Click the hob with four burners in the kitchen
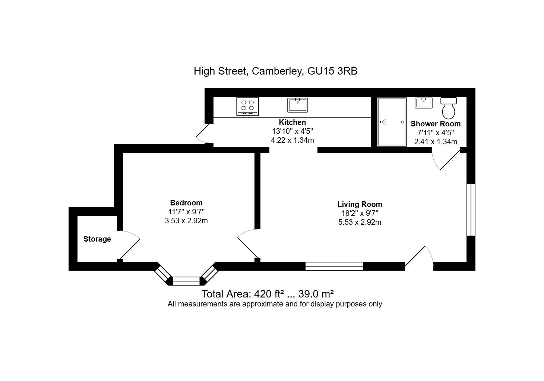point(247,106)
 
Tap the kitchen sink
point(298,105)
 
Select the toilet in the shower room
point(449,108)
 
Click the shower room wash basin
point(424,103)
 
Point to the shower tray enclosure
point(391,122)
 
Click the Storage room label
point(97,239)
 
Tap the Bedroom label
point(186,203)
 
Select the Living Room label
point(360,204)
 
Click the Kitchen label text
point(292,122)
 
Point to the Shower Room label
point(436,124)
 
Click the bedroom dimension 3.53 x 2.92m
point(186,221)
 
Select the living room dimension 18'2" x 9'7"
point(360,213)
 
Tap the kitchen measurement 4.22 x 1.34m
point(292,140)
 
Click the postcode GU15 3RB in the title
point(332,71)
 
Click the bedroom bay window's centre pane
point(186,281)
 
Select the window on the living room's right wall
point(471,210)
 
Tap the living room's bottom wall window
point(334,266)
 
